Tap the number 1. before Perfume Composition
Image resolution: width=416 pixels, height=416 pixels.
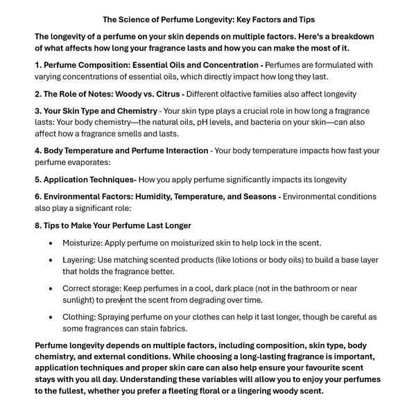click(x=38, y=64)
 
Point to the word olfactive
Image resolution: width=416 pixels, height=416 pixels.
click(x=241, y=93)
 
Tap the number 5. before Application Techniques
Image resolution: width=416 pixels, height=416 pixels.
click(x=38, y=179)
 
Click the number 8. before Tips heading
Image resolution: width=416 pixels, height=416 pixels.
click(x=38, y=225)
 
